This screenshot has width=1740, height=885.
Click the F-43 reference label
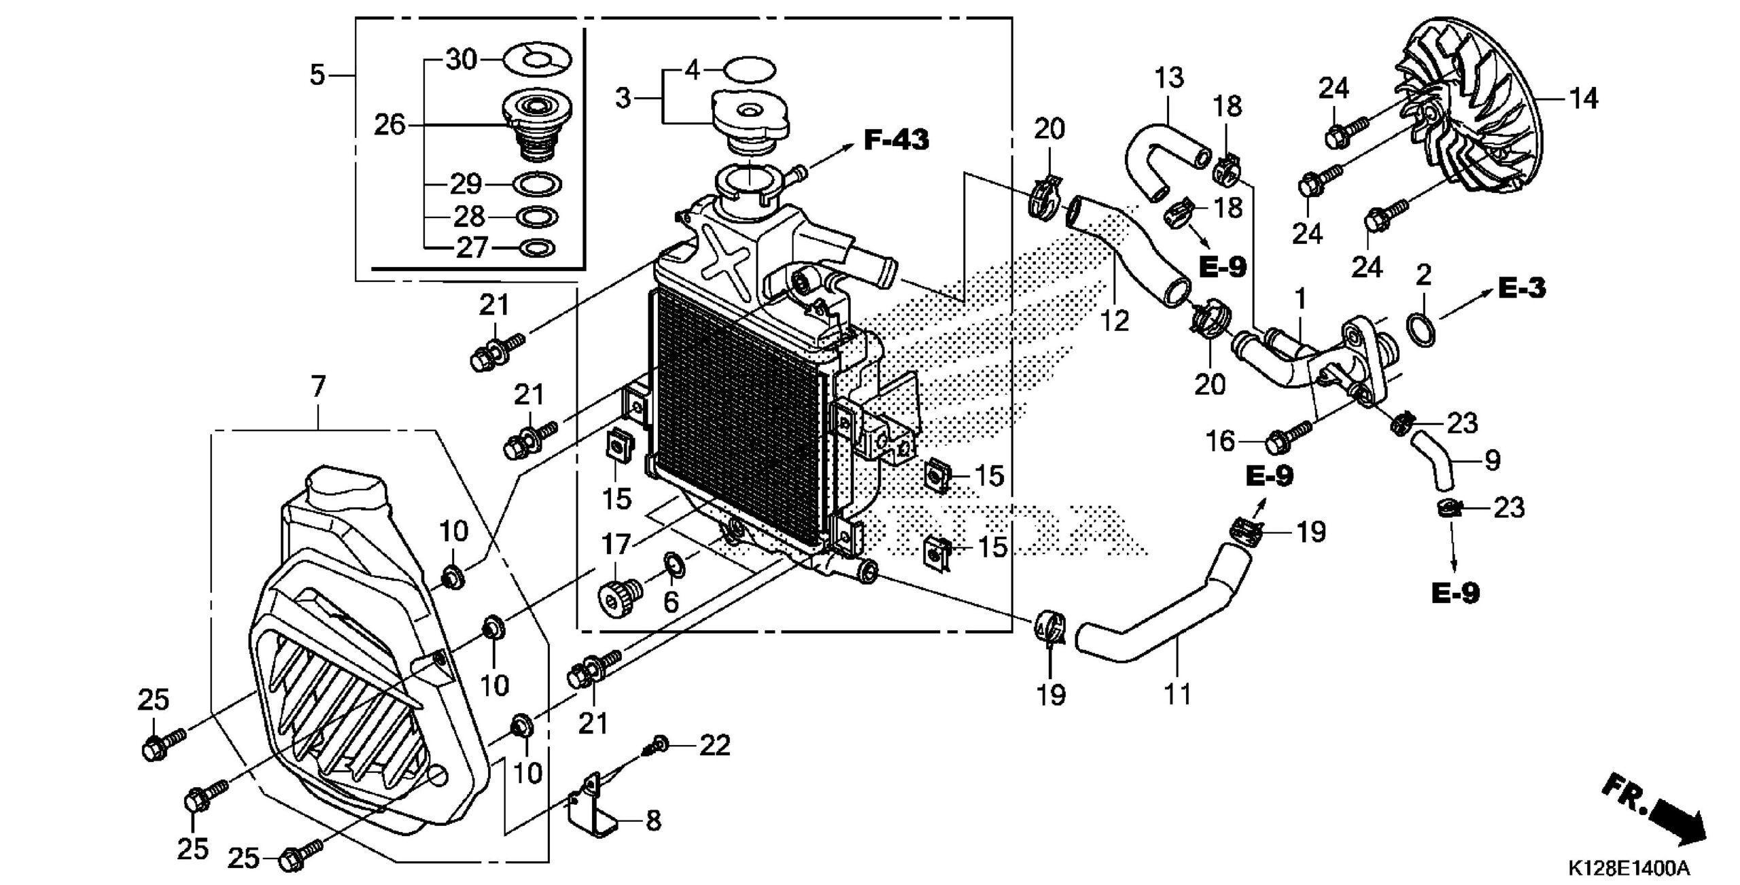point(896,141)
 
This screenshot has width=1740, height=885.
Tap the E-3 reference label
point(1522,289)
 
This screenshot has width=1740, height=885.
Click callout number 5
point(317,75)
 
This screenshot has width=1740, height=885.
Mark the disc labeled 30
point(537,60)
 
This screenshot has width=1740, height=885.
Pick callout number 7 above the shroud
point(317,388)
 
